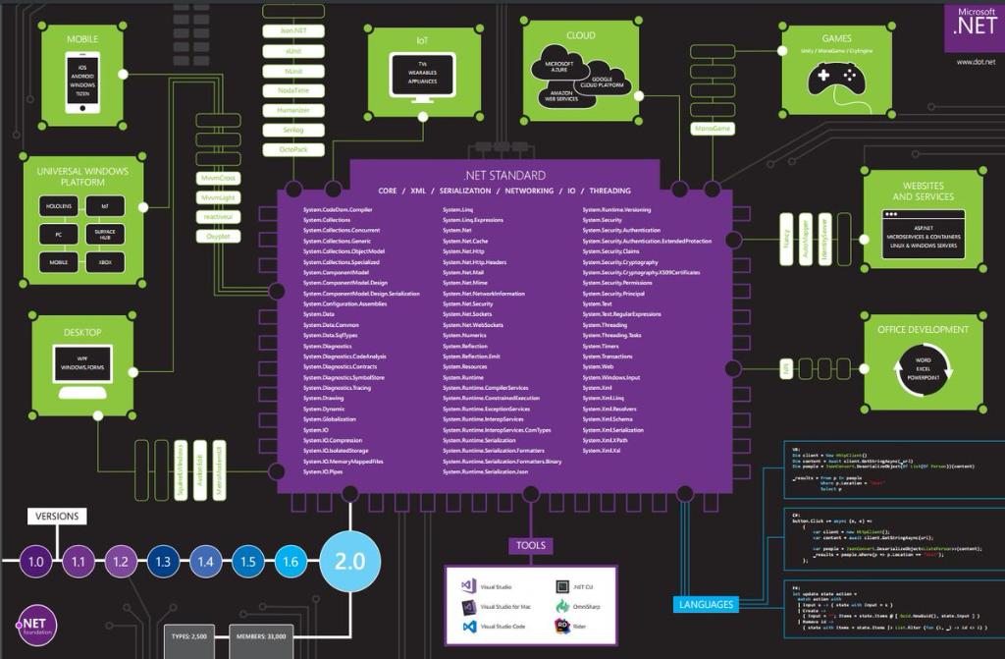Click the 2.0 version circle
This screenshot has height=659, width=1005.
[350, 561]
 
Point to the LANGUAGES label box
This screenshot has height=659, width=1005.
[706, 604]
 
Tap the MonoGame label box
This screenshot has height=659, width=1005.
[714, 128]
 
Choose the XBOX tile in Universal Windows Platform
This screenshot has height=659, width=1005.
[105, 261]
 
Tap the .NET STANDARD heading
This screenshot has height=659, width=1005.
[505, 176]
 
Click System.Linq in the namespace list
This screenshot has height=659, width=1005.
[458, 209]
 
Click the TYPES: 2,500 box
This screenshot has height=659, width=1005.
[190, 636]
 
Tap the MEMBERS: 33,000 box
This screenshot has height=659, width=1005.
[262, 636]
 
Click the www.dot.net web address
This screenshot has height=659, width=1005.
[976, 62]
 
